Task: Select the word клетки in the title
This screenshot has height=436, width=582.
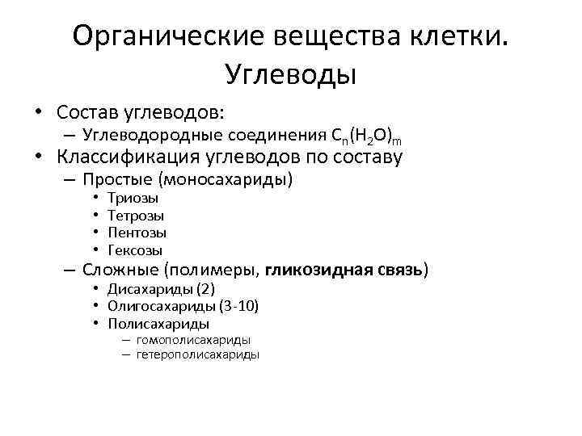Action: [x=456, y=36]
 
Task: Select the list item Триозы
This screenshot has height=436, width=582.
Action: [x=133, y=198]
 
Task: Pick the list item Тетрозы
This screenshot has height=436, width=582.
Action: [x=136, y=216]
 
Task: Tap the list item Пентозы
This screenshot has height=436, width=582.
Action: [x=137, y=233]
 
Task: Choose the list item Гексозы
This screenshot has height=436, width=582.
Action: [x=136, y=251]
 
